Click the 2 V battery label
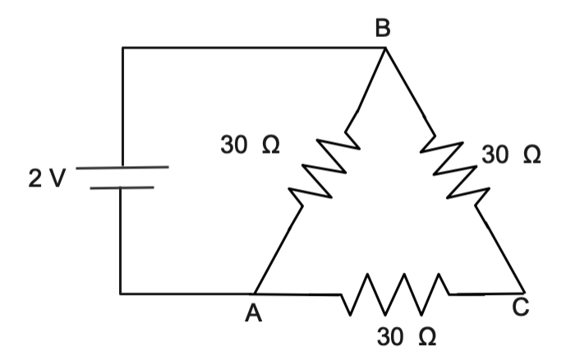44,178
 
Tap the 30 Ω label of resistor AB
250,146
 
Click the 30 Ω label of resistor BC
512,155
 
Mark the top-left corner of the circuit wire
122,48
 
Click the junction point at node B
384,48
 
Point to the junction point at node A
255,293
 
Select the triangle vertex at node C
523,292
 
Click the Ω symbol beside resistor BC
531,155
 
